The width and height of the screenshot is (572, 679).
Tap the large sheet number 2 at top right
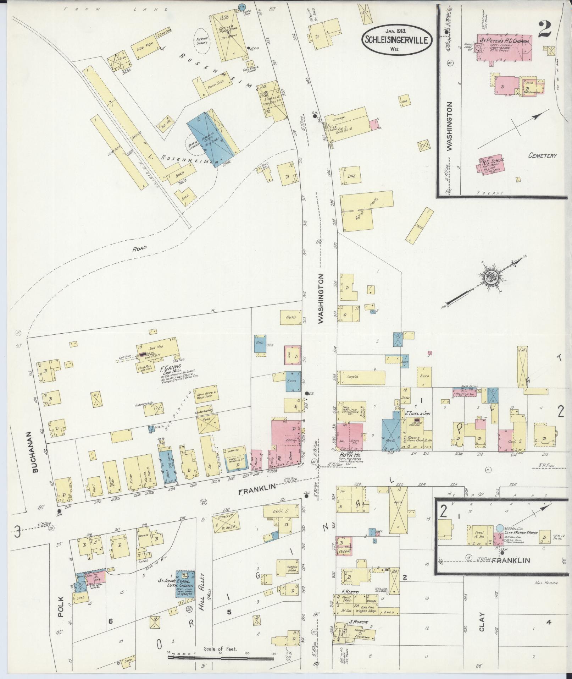544,29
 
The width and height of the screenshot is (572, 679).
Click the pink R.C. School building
492,165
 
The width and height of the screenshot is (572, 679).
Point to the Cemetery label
542,155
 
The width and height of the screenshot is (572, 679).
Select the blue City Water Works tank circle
500,528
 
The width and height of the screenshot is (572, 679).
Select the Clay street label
482,621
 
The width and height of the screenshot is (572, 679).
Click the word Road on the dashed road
139,249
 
